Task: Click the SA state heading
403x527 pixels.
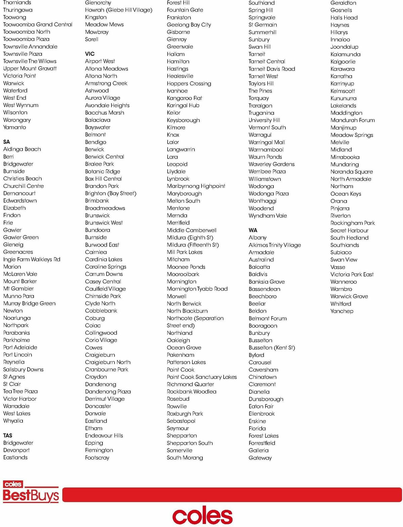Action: [6, 142]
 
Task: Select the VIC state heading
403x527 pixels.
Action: [90, 54]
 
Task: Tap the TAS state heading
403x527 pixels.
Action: [8, 435]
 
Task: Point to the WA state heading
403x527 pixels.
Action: [253, 230]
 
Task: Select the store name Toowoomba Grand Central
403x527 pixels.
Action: [38, 25]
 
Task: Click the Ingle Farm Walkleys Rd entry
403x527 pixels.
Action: [32, 259]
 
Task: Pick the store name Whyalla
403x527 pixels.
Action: [13, 421]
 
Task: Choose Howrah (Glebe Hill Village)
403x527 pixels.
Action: [119, 10]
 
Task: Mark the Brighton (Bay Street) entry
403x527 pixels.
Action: [110, 193]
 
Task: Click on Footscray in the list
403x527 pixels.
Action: [97, 457]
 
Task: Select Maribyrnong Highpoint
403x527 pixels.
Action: [196, 186]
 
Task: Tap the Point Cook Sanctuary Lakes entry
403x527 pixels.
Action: [201, 377]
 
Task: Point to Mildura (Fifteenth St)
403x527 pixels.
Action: [193, 245]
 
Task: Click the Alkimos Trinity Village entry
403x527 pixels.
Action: [275, 245]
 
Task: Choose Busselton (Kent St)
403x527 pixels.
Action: [272, 348]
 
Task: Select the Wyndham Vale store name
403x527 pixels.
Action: [268, 216]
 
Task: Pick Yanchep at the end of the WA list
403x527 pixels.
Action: [342, 311]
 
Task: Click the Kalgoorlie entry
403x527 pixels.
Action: [343, 61]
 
